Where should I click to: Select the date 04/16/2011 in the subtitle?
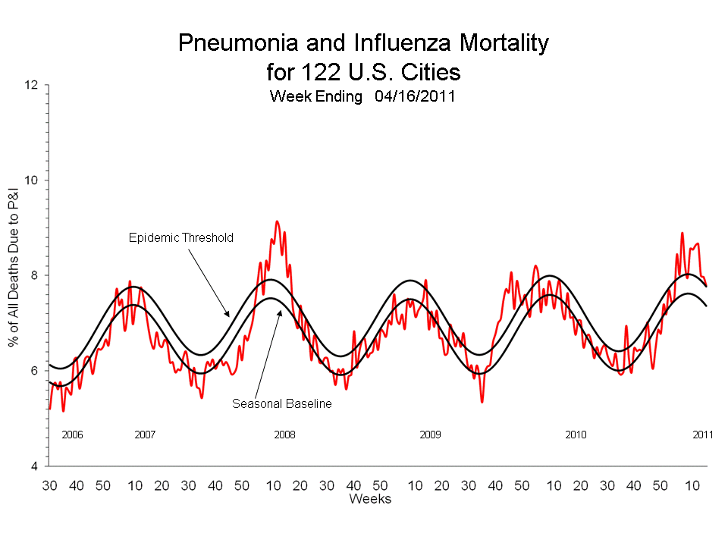pos(414,96)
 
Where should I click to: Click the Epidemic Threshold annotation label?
pos(180,237)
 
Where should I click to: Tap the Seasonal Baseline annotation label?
pos(282,404)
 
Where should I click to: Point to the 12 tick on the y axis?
pos(31,85)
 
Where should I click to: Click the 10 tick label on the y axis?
pos(31,180)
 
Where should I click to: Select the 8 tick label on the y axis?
pos(34,275)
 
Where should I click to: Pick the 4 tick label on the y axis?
pos(34,466)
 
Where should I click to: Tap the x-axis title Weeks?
pos(370,499)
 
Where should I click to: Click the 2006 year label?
pos(72,435)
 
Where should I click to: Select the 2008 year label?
pos(284,435)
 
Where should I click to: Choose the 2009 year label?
pos(430,435)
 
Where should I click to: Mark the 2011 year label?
pos(703,435)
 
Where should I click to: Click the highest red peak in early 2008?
pos(277,221)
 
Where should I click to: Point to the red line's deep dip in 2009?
pos(482,401)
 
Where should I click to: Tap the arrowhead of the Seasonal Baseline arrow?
pos(280,310)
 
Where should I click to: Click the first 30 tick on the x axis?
pos(50,485)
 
